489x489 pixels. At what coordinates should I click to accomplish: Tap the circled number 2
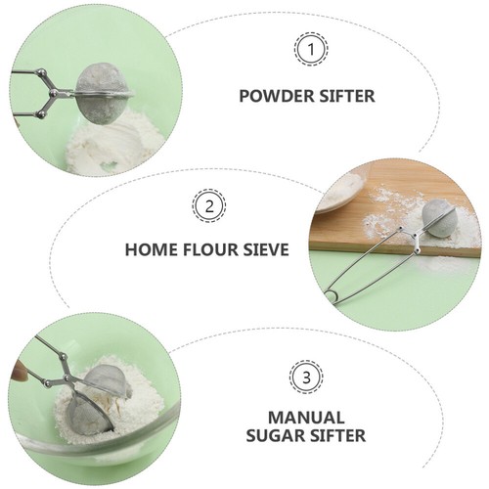click(x=209, y=206)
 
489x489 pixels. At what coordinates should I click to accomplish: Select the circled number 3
click(x=304, y=377)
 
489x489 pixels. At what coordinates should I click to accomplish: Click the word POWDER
click(x=276, y=96)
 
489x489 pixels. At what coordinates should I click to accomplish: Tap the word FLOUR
click(x=208, y=249)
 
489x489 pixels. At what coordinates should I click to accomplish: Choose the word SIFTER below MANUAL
click(x=335, y=435)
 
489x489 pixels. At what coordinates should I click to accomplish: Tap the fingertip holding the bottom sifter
click(x=18, y=372)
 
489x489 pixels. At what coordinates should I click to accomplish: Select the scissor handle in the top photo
click(x=37, y=96)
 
